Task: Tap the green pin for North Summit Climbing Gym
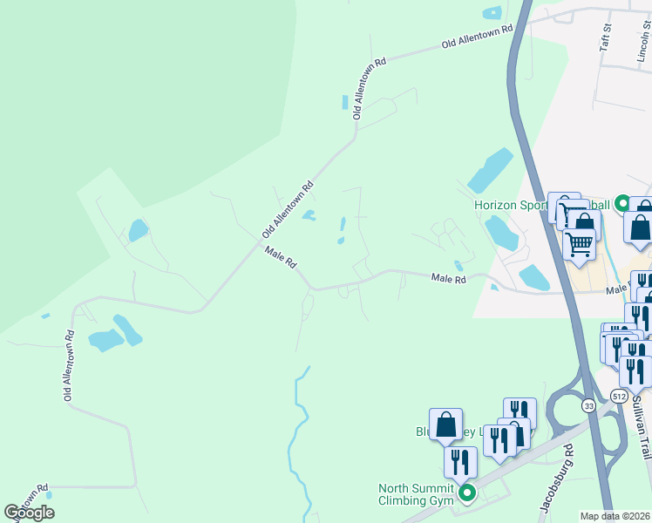point(467,494)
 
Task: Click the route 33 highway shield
point(588,405)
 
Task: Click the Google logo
point(29,512)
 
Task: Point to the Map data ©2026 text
point(615,516)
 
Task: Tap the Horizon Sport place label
point(510,206)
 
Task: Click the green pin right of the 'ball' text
point(622,204)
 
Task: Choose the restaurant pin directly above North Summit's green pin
point(460,463)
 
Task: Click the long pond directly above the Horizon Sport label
point(490,170)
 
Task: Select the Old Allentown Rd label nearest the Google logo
point(67,365)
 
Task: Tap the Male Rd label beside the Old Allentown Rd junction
point(282,258)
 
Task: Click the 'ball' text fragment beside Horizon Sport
point(599,206)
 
